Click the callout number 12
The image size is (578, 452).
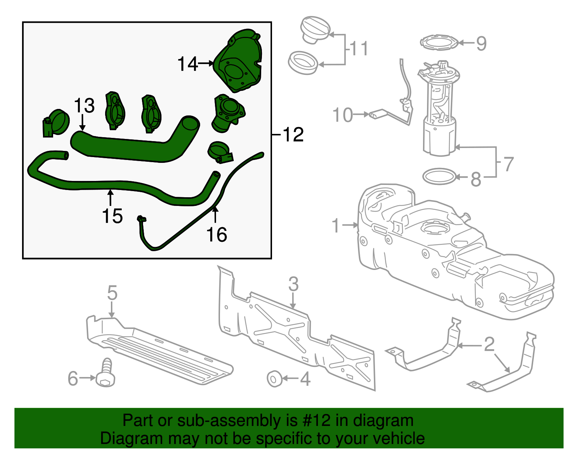pyautogui.click(x=293, y=135)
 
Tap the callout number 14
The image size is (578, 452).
pyautogui.click(x=187, y=64)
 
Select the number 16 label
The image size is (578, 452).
pyautogui.click(x=216, y=235)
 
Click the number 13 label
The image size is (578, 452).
pyautogui.click(x=84, y=106)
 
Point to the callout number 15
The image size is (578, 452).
pyautogui.click(x=112, y=216)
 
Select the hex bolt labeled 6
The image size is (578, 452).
pyautogui.click(x=105, y=373)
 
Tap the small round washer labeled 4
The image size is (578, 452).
pyautogui.click(x=274, y=379)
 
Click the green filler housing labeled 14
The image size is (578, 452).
pyautogui.click(x=238, y=62)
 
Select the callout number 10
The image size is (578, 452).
pyautogui.click(x=342, y=115)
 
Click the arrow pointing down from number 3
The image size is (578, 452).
pyautogui.click(x=293, y=300)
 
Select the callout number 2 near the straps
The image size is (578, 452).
pyautogui.click(x=489, y=344)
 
